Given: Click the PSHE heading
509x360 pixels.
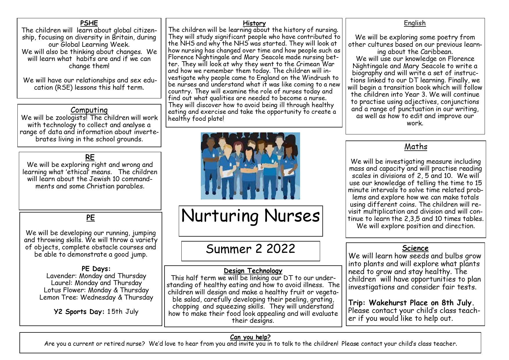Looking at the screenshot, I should point(89,23).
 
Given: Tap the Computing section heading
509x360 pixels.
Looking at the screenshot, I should point(89,110).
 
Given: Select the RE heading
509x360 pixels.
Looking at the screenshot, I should point(90,157).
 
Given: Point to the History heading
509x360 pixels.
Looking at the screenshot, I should point(254,23).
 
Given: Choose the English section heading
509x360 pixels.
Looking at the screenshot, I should point(415,23).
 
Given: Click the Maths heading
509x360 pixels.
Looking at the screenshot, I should point(416,147).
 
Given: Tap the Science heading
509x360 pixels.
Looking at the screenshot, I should point(415,248).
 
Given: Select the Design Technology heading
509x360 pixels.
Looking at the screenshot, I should point(253,271).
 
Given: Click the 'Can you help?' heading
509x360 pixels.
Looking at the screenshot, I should point(250,337).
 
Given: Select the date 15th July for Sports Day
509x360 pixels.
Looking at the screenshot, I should point(123,312).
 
